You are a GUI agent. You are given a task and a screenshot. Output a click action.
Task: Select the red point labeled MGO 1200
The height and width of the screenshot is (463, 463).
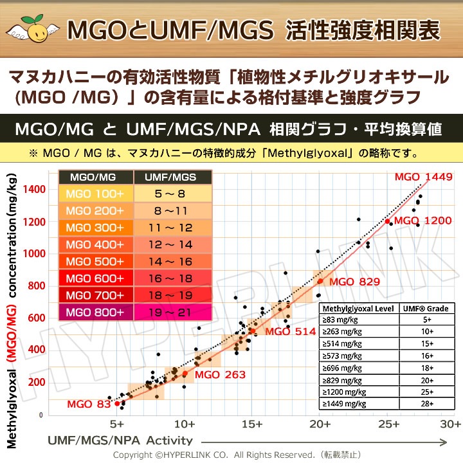(x=387, y=221)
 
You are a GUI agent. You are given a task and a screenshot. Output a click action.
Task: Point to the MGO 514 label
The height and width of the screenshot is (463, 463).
(x=290, y=332)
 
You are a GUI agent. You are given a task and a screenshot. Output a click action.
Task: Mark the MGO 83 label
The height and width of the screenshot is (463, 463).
(x=89, y=404)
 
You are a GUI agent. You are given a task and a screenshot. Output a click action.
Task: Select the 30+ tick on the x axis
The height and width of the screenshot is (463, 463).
(x=451, y=424)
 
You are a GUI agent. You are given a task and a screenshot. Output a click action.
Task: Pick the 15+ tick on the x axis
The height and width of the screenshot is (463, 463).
(x=252, y=424)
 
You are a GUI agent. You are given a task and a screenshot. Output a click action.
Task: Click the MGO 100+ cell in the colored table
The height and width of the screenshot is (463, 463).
(x=95, y=194)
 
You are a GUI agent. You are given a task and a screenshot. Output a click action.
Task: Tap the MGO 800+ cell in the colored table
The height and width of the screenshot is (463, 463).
(x=95, y=312)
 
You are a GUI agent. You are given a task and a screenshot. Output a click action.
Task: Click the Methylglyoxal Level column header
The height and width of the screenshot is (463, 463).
(x=358, y=308)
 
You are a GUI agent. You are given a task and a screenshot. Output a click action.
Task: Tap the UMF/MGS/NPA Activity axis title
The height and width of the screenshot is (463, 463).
(x=120, y=440)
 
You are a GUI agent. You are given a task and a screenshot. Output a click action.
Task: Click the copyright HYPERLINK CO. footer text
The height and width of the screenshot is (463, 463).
(x=232, y=455)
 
